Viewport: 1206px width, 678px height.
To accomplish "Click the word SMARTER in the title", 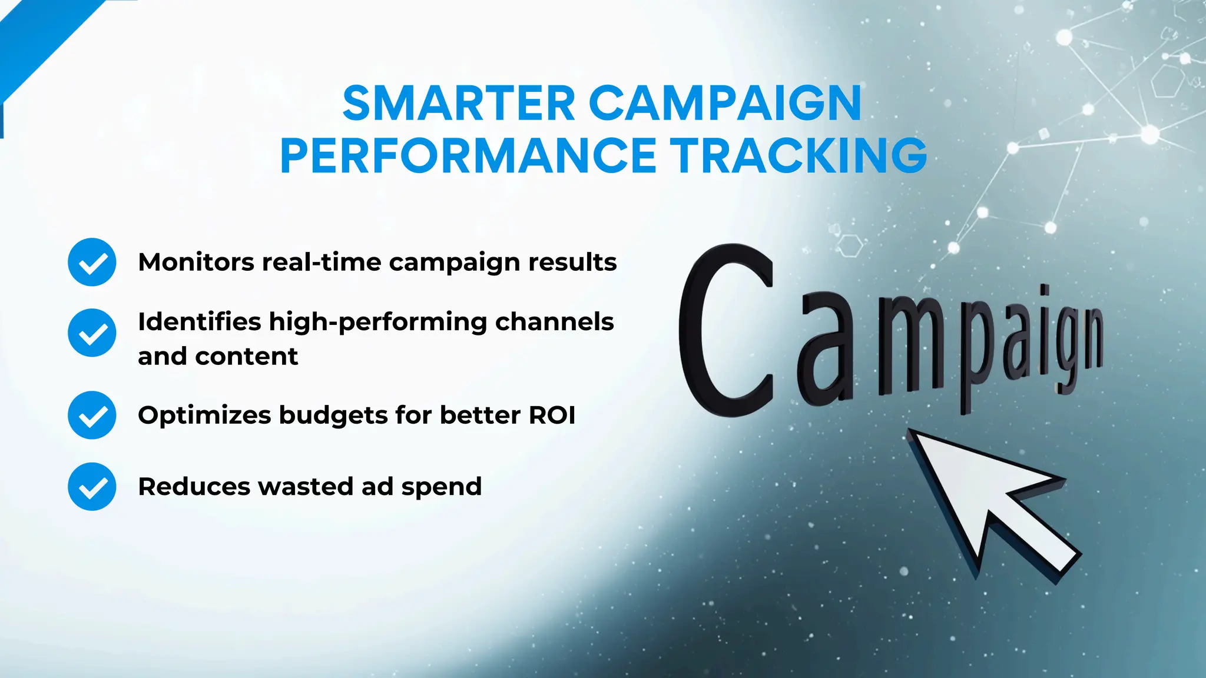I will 459,104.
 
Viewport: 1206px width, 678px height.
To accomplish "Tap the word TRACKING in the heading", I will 801,156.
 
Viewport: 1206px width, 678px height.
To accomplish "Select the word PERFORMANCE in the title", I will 468,156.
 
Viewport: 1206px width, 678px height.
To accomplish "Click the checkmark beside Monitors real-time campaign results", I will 92,262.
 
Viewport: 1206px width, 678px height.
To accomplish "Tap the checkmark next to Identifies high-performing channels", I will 92,333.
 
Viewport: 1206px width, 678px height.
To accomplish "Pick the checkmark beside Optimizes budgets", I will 92,416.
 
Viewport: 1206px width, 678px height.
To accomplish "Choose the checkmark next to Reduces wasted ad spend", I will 92,487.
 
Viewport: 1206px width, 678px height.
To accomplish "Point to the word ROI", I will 552,416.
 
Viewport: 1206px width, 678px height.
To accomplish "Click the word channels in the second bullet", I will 554,322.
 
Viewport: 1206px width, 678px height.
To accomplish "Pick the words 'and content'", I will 218,357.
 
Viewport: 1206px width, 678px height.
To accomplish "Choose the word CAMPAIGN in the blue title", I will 725,104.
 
